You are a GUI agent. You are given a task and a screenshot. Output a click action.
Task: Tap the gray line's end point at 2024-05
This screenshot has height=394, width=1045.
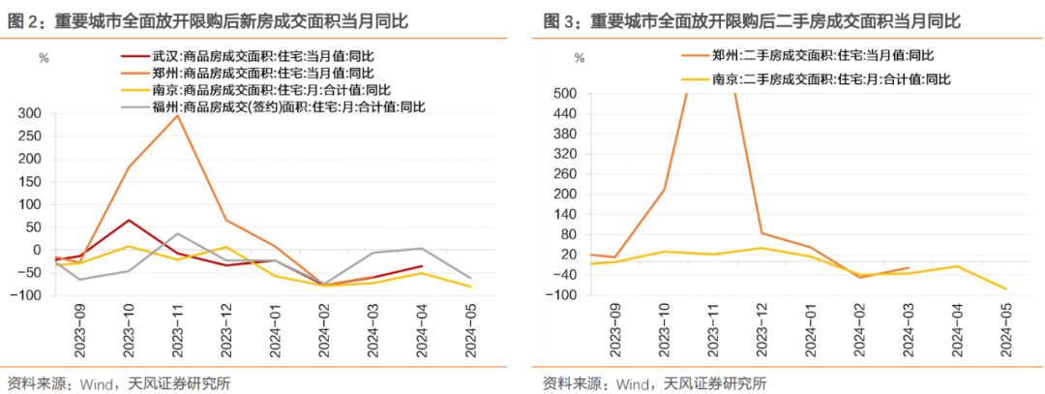pyautogui.click(x=472, y=278)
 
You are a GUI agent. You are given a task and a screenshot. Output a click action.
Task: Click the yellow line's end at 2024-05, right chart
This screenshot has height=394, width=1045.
pyautogui.click(x=1006, y=289)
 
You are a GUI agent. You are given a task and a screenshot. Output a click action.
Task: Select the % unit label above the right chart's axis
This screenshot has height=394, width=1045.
pyautogui.click(x=579, y=59)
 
